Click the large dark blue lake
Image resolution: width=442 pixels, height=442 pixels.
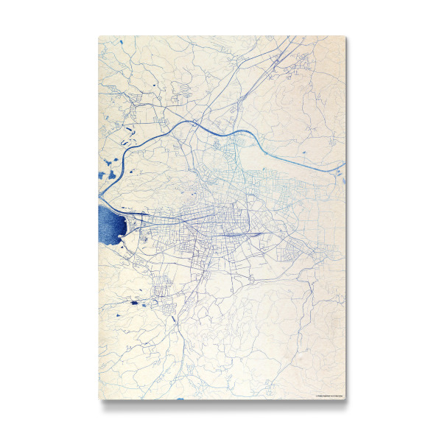tap(110, 225)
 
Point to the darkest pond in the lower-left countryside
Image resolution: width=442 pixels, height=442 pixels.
tap(134, 302)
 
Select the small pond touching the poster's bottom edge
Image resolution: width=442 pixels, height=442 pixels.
tap(180, 399)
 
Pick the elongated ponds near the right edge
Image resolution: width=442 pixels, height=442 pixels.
tap(340, 174)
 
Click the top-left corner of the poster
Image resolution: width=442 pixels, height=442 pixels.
tap(99, 36)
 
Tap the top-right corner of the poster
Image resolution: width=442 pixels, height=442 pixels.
tap(345, 36)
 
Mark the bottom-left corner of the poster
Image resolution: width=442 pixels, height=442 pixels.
tap(99, 399)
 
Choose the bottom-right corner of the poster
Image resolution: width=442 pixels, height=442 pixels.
tap(345, 399)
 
